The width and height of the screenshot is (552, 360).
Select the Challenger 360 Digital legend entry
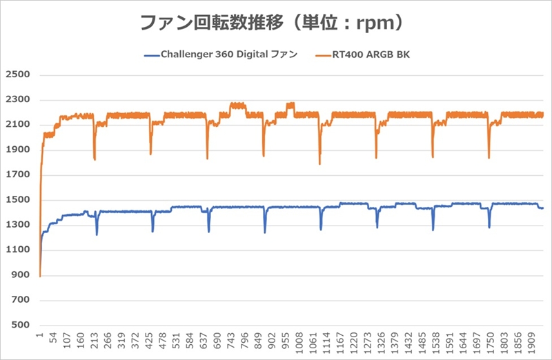228,54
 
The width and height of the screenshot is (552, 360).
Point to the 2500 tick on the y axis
19,75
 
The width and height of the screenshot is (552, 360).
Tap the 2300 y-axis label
19,100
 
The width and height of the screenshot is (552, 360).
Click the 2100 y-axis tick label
19,125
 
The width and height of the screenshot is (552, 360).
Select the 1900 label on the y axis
19,150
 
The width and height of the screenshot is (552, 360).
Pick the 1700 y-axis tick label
19,175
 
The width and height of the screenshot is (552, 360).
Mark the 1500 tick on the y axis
19,200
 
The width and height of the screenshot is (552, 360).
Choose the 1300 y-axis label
19,225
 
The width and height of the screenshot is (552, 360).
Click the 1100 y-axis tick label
19,250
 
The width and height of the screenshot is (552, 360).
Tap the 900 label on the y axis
21,275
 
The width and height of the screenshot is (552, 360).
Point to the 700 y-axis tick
21,300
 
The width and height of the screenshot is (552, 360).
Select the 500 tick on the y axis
21,325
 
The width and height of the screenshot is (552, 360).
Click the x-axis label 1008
299,343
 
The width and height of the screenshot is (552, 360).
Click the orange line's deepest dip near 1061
319,163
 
